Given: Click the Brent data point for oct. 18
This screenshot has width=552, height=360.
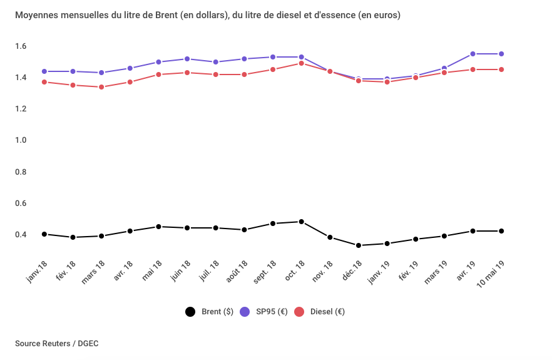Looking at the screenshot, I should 302,222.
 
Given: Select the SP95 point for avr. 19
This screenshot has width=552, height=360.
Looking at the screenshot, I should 473,54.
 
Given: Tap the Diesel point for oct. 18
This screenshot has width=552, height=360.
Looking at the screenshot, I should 302,63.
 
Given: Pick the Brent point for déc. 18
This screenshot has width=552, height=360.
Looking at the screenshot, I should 359,245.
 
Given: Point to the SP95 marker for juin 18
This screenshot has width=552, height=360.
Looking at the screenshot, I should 187,59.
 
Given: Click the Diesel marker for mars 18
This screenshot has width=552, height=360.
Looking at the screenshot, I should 101,87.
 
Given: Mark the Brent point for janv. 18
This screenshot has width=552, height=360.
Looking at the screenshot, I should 44,234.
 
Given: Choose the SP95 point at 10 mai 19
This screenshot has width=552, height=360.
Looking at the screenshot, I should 501,54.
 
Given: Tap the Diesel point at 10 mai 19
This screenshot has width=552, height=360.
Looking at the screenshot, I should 501,69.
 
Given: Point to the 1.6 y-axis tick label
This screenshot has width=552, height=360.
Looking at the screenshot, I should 21,46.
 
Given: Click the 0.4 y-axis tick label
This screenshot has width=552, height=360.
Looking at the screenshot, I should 21,235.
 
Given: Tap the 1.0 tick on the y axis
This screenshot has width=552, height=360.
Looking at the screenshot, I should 21,140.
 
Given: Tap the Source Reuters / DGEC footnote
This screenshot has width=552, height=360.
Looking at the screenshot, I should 56,343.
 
